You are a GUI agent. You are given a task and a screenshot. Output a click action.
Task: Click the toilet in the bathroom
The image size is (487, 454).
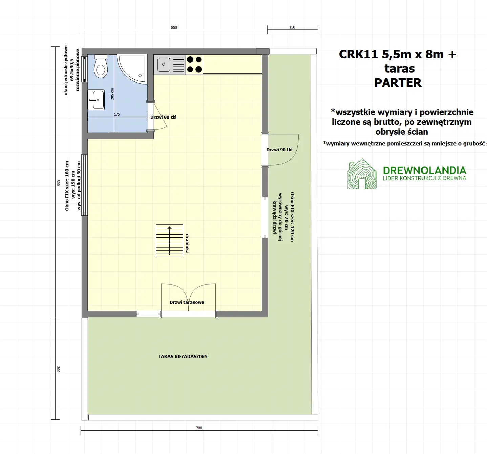coord(101,67)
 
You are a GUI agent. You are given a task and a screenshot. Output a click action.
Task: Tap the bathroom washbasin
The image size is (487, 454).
coord(96,100)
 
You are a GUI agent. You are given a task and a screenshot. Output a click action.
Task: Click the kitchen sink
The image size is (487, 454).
coord(164,64)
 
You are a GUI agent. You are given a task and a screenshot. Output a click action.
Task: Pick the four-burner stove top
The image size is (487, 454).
coord(194,64)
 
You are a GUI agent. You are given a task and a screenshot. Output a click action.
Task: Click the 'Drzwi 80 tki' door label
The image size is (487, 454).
coord(163,117)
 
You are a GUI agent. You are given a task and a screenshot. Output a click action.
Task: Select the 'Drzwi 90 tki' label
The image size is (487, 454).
coord(279,150)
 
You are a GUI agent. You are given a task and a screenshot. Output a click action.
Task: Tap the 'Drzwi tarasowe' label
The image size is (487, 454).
coord(187,302)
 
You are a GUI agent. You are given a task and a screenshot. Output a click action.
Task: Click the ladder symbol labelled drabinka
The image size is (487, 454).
coord(169,241)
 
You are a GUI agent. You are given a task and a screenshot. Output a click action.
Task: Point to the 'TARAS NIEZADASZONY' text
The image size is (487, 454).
coord(183,357)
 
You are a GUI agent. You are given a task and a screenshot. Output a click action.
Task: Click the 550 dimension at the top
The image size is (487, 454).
coord(174,27)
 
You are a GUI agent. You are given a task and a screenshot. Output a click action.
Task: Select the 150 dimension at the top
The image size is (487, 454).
coord(292,27)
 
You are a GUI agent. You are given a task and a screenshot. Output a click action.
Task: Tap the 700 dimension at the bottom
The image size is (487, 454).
coord(199,428)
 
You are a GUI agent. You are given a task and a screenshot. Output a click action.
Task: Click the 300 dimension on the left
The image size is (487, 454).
coord(58,369)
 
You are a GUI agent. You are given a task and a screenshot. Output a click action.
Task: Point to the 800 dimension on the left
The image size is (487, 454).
coord(58,182)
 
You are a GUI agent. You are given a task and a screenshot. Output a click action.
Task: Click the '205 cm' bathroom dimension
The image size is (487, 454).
coord(112,94)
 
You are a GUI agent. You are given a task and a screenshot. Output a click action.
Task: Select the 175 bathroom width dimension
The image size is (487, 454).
coord(117,114)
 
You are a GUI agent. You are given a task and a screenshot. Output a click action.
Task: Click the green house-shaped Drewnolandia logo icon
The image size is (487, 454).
coord(362,174)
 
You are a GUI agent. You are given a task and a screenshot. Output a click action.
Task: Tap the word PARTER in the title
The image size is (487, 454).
coord(398,83)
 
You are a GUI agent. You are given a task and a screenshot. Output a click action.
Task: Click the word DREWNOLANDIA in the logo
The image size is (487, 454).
coord(424,170)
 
